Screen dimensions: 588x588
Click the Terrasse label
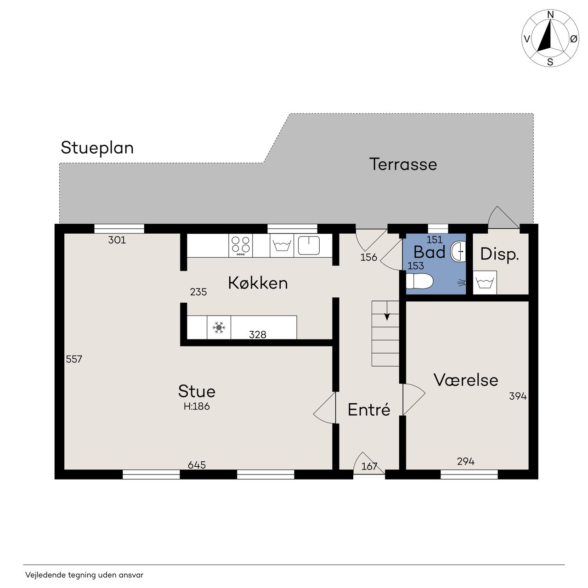pyautogui.click(x=403, y=164)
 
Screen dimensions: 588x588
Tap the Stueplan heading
pyautogui.click(x=97, y=148)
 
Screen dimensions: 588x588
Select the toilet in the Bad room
pyautogui.click(x=419, y=281)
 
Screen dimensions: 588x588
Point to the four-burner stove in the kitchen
pyautogui.click(x=240, y=245)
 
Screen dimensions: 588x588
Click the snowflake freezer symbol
pyautogui.click(x=219, y=328)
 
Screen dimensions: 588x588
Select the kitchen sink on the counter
pyautogui.click(x=309, y=245)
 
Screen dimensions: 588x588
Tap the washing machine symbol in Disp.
pyautogui.click(x=485, y=283)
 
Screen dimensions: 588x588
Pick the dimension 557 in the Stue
pyautogui.click(x=74, y=359)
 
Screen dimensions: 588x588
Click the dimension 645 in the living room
pyautogui.click(x=197, y=465)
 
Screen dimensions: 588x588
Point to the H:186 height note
pyautogui.click(x=197, y=407)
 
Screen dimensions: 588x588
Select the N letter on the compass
pyautogui.click(x=550, y=15)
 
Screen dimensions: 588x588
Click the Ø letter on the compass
pyautogui.click(x=574, y=39)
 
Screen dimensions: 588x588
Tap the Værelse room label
pyautogui.click(x=466, y=380)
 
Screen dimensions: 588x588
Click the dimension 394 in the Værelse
pyautogui.click(x=518, y=396)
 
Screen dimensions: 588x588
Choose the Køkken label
pyautogui.click(x=258, y=283)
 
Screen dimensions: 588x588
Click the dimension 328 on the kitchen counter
pyautogui.click(x=258, y=335)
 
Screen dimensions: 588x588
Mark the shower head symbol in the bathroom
pyautogui.click(x=462, y=283)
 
